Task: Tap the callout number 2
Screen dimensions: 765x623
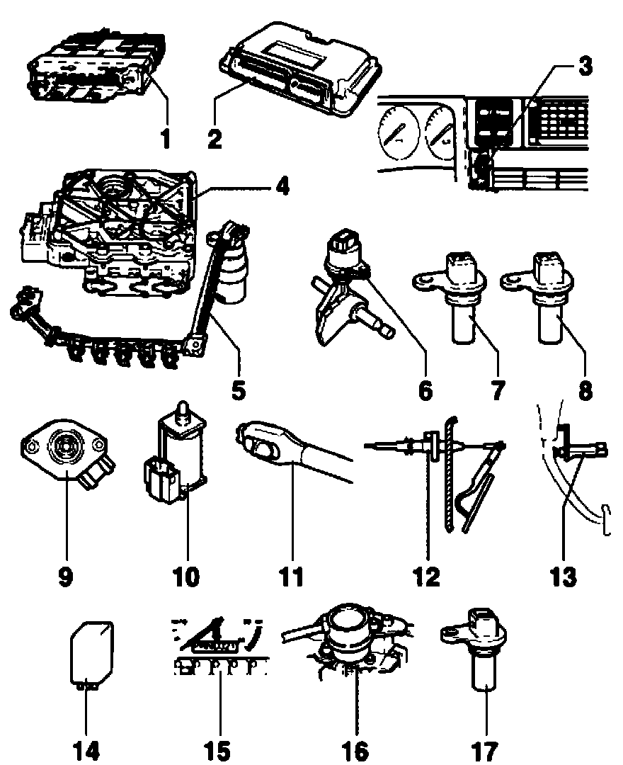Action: tap(215, 137)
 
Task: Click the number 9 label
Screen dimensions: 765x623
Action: tap(66, 576)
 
